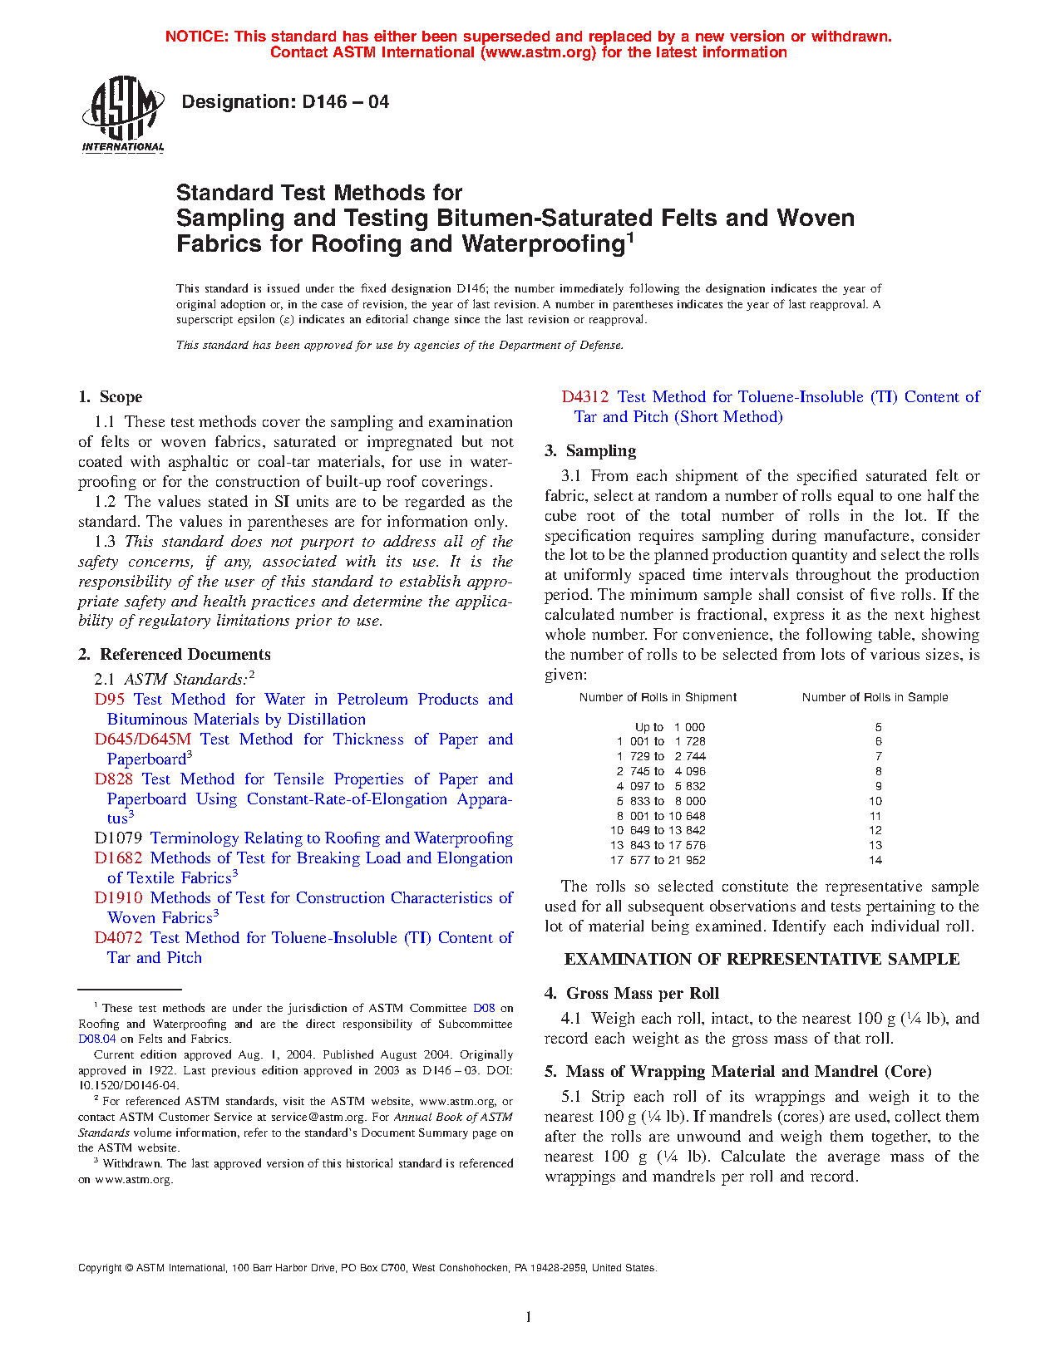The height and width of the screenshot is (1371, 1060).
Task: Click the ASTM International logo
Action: coord(123,115)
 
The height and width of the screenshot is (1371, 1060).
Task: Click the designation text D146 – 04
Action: coord(285,102)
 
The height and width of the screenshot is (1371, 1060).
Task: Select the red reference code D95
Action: coord(110,700)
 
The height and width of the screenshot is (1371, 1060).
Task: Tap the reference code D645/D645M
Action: coord(142,740)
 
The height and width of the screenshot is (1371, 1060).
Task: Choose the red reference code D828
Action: coord(114,779)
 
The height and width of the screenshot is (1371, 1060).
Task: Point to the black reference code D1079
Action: coord(118,838)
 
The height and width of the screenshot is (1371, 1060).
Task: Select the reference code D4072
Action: coord(118,938)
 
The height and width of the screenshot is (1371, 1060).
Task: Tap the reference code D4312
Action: coord(585,397)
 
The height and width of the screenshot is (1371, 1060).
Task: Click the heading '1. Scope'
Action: coord(111,397)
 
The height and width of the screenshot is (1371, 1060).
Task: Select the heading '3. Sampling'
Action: coord(590,451)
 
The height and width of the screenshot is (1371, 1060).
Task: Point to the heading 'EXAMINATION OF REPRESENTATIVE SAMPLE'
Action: coord(762,960)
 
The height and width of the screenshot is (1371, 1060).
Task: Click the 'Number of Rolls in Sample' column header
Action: coord(875,698)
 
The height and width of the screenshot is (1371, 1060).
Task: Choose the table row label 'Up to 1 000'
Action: coord(669,728)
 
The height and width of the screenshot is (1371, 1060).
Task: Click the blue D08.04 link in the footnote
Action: coord(97,1039)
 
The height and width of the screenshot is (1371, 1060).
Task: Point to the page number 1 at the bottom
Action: coord(528,1317)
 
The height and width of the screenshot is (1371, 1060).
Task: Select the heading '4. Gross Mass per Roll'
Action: coord(632,994)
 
